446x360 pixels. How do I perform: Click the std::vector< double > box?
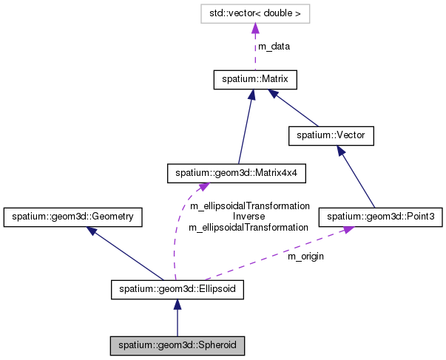[x=254, y=13]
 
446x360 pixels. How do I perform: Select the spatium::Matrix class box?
[x=254, y=79]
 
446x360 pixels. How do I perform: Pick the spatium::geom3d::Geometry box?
[x=72, y=217]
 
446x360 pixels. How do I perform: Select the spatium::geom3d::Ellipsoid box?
[x=177, y=289]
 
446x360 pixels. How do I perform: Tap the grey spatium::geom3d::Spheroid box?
[x=177, y=344]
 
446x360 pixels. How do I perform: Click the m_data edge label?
[x=274, y=46]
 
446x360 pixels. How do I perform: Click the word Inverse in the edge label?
[x=249, y=217]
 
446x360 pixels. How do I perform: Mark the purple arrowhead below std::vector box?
[x=254, y=28]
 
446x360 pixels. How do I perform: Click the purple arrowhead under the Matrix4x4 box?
[x=198, y=188]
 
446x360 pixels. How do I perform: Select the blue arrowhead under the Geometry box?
[x=92, y=231]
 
